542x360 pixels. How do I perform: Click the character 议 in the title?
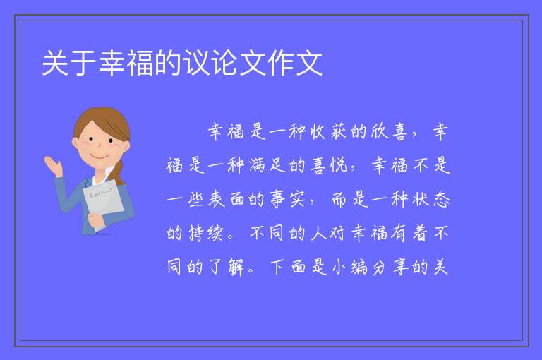pos(197,63)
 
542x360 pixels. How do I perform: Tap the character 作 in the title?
pos(281,63)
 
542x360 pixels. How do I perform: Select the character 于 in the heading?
pos(84,63)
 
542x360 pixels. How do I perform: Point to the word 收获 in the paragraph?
pos(328,132)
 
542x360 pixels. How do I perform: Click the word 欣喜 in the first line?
pos(389,132)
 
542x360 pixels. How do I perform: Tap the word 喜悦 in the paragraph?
pos(329,165)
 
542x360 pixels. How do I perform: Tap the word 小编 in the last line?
pos(349,267)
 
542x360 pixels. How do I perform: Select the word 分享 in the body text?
pos(390,267)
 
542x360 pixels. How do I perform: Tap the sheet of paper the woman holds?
pos(103,203)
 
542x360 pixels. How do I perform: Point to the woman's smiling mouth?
pos(100,156)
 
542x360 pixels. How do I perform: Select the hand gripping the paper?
pos(95,219)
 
